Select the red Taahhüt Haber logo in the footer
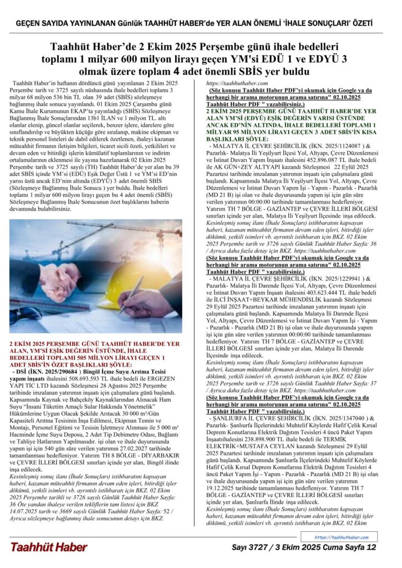[48, 547]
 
